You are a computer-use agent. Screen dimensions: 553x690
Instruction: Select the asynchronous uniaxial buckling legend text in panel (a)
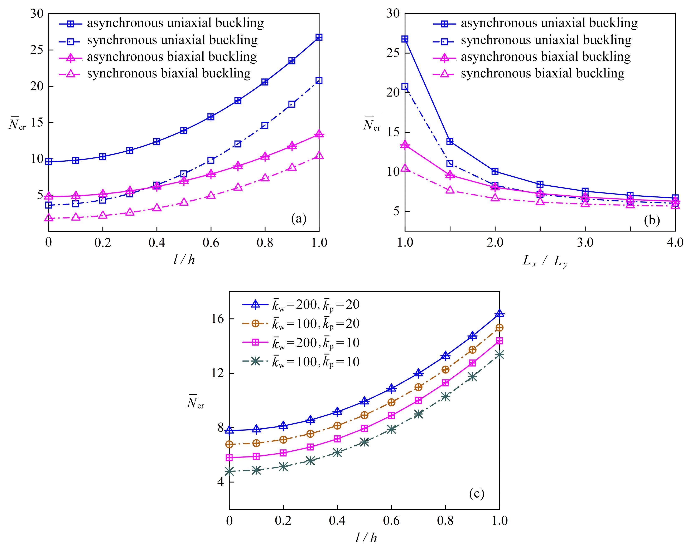175,23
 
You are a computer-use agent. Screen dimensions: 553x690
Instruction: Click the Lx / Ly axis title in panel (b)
545,262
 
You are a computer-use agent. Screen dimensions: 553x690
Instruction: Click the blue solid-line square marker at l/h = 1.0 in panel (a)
319,37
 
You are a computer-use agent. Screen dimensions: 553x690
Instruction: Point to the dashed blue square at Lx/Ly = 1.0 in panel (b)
405,86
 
